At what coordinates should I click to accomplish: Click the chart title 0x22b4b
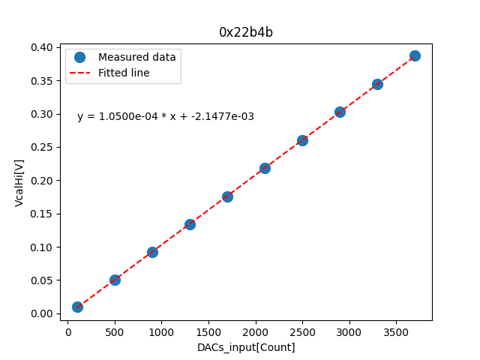[246, 31]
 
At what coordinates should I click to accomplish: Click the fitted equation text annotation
[166, 116]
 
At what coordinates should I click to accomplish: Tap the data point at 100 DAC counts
[77, 307]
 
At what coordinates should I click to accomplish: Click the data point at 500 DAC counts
[115, 280]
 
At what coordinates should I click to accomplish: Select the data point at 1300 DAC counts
[190, 224]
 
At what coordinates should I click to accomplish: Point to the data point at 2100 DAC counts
[265, 168]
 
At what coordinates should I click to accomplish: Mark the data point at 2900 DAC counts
[340, 112]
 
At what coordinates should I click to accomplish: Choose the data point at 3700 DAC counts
[415, 55]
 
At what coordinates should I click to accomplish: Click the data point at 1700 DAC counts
[227, 196]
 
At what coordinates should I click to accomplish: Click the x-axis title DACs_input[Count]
[246, 347]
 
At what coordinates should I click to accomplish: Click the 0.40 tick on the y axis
[43, 47]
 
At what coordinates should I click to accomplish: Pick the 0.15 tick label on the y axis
[43, 214]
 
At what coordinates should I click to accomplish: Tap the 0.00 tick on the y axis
[43, 313]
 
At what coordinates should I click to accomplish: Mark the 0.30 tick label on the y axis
[43, 114]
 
